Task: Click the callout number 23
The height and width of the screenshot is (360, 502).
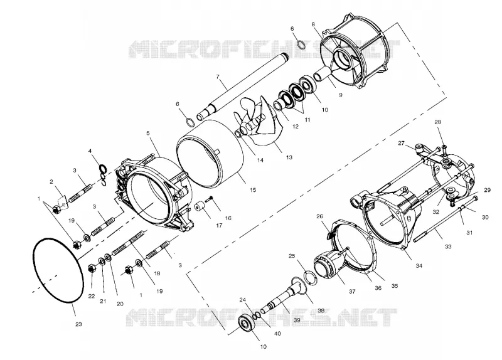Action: click(78, 324)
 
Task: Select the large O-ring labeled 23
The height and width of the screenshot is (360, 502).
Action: click(33, 256)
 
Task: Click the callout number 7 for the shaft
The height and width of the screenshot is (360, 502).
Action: click(218, 77)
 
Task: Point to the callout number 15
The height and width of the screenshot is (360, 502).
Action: click(253, 190)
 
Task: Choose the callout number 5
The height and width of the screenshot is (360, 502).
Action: click(148, 132)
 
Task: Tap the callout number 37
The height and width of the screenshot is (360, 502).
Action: click(352, 291)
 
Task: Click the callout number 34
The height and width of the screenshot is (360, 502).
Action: click(419, 265)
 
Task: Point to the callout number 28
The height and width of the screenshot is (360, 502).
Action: click(437, 122)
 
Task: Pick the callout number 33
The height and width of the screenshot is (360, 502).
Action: click(448, 246)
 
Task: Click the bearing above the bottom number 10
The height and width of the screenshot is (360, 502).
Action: click(248, 324)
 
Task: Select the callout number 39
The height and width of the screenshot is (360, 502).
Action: click(297, 320)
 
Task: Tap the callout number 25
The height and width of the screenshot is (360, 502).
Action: click(292, 256)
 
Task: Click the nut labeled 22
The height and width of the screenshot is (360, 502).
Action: click(91, 268)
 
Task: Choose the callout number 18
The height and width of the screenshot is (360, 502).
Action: click(157, 273)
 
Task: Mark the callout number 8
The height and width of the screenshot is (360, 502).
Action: click(312, 24)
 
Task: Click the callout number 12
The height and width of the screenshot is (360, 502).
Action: click(296, 127)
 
